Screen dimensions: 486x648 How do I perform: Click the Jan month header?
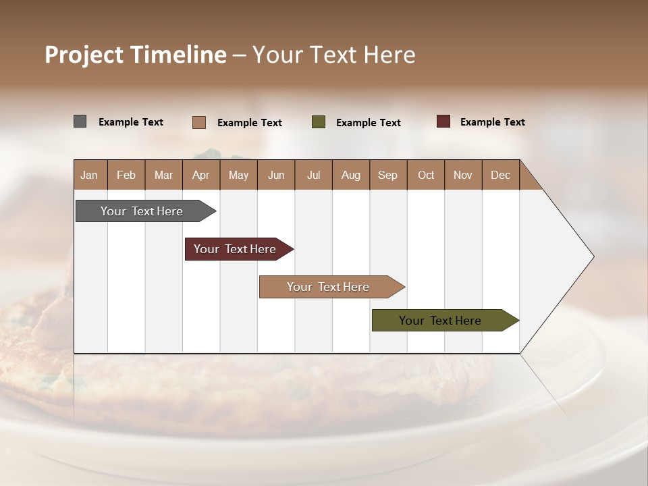point(89,175)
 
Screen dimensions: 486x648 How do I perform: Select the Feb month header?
point(126,175)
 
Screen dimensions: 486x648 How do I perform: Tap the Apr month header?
point(201,175)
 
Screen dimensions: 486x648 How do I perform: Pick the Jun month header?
point(276,175)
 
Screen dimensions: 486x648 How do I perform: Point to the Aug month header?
point(351,175)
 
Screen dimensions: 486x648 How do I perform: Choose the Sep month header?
point(388,175)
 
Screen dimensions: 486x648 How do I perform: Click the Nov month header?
point(463,175)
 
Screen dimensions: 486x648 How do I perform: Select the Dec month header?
point(501,175)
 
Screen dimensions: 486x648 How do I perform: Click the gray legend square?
point(80,122)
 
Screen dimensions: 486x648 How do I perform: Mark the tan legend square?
point(199,122)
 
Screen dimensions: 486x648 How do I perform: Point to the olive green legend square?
point(319,122)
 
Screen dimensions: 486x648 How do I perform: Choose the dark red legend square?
point(443,122)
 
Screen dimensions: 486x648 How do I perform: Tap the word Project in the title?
point(83,55)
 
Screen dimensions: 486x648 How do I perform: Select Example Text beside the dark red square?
point(492,122)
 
